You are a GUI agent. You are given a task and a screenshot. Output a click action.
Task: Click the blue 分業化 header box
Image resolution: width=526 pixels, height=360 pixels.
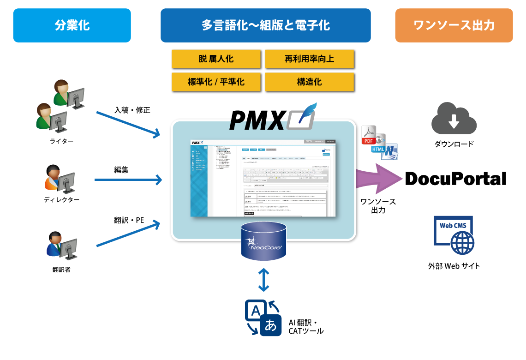[x=72, y=25]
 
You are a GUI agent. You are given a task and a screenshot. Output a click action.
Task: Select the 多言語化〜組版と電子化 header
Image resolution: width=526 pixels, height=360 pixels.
[x=265, y=25]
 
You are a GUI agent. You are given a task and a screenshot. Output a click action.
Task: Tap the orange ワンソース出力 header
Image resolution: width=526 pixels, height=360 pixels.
[x=454, y=25]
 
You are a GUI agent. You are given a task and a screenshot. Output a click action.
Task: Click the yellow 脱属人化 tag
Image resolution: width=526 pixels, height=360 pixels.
[x=216, y=59]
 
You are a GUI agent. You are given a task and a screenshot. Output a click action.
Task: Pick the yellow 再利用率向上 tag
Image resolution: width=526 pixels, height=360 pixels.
[x=309, y=59]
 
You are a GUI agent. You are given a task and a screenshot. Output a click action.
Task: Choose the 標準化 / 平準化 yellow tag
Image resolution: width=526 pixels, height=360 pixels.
[x=216, y=82]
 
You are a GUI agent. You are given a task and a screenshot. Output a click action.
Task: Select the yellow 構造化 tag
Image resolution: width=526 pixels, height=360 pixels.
[x=309, y=82]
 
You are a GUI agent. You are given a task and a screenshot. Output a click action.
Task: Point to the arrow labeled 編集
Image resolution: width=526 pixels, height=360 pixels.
[x=128, y=180]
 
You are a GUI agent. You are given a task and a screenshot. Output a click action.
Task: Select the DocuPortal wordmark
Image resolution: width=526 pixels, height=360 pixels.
[x=455, y=179]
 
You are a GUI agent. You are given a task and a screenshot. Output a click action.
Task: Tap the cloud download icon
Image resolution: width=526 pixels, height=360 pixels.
[x=454, y=119]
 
